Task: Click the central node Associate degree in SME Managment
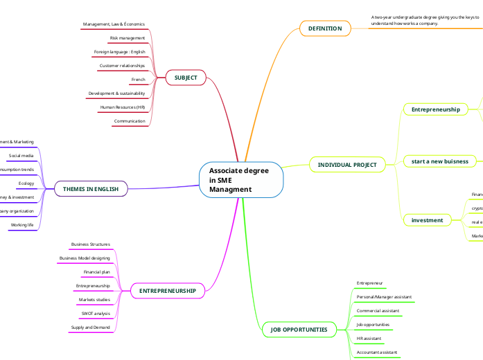(241, 180)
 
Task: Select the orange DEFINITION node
(325, 28)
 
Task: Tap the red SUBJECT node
(186, 78)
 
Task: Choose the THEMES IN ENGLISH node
(91, 188)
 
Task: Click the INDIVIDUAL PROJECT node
(347, 165)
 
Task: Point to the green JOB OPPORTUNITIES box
(299, 330)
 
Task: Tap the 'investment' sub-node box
(427, 220)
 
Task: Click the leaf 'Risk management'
(128, 38)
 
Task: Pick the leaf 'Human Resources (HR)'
(123, 107)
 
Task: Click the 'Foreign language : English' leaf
(120, 52)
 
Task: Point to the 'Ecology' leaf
(26, 183)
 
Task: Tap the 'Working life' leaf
(21, 225)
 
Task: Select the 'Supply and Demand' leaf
(90, 327)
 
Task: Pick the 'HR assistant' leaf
(369, 339)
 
